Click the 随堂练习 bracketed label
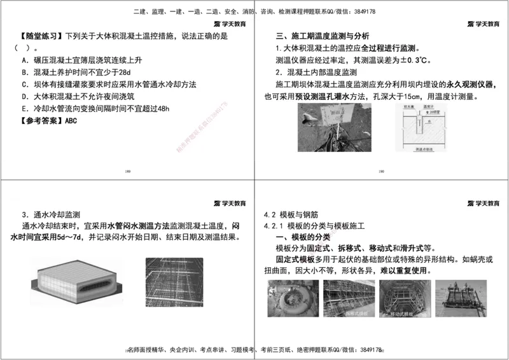tap(38, 36)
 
